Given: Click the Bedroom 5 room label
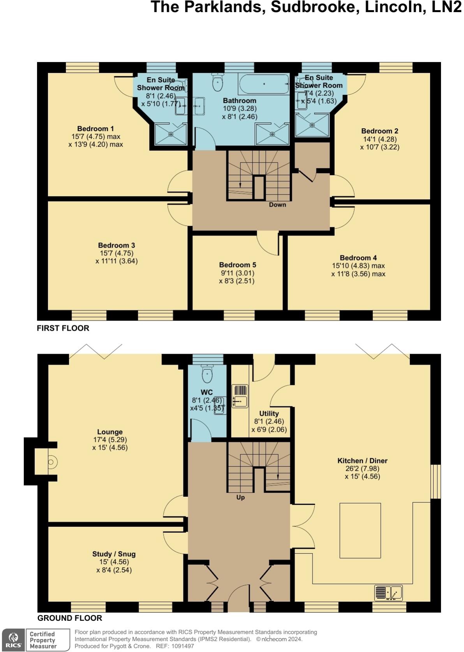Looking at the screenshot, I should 237,265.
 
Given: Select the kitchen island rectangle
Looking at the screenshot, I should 360,530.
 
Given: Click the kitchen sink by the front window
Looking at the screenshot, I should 388,593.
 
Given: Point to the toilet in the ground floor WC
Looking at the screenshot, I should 207,375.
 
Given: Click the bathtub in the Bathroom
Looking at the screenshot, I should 264,84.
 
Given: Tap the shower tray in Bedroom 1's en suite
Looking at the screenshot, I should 171,134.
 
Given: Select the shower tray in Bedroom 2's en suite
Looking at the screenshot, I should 312,125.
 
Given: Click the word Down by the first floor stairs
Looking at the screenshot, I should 277,205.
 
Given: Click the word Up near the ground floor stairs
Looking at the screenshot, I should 240,498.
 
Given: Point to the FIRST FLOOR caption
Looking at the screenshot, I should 63,328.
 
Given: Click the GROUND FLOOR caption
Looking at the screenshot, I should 70,618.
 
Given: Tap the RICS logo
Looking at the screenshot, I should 14,640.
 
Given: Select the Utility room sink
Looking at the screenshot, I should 240,400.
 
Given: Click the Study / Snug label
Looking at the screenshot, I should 114,554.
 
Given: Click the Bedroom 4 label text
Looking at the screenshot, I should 358,258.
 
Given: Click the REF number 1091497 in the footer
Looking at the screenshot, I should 180,646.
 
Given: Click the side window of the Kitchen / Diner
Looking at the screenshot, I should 436,481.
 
